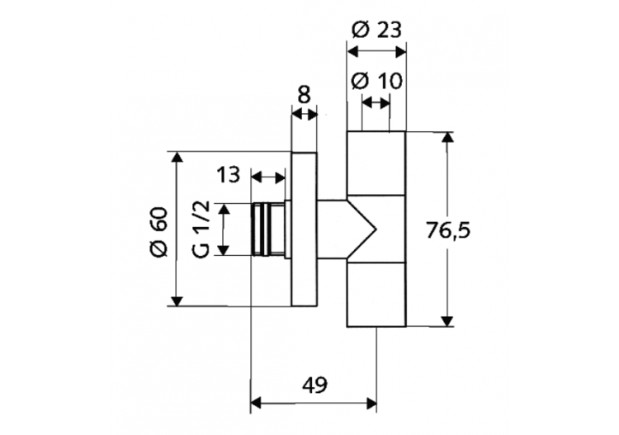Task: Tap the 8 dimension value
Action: (x=304, y=94)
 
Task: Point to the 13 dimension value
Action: (x=229, y=175)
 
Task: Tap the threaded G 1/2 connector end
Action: (x=265, y=228)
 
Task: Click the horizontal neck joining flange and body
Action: (x=333, y=229)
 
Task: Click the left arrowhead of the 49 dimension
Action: (x=256, y=403)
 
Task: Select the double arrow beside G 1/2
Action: (x=223, y=229)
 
